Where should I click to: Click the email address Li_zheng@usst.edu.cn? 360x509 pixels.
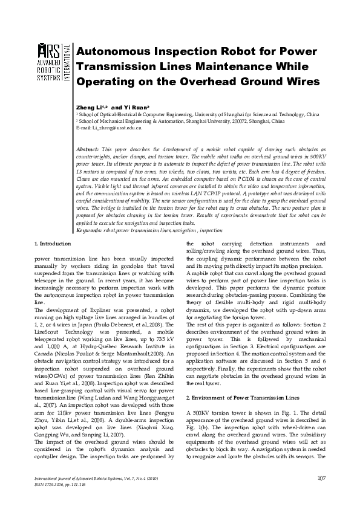pos(113,129)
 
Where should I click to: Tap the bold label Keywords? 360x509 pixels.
pos(90,230)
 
